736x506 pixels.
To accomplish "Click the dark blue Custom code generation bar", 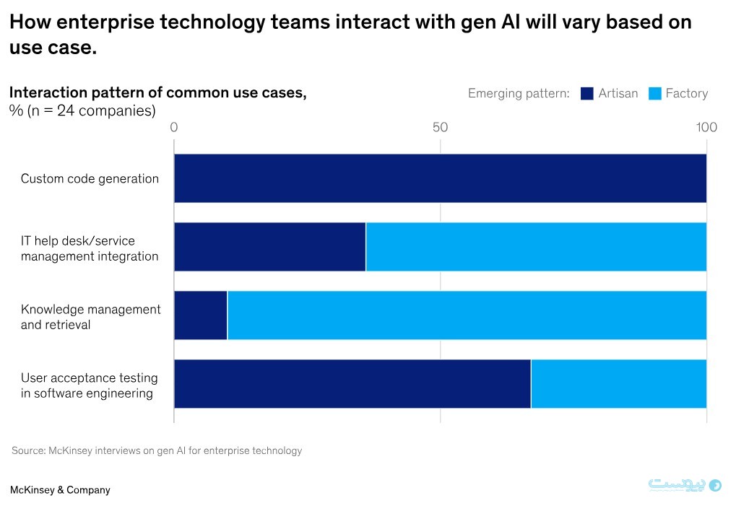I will [x=440, y=178].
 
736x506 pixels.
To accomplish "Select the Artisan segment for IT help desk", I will [x=270, y=247].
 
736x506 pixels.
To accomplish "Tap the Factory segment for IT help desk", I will [x=536, y=247].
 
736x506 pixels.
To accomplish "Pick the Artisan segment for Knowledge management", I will [x=201, y=315].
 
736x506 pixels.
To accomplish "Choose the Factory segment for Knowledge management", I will [x=467, y=315].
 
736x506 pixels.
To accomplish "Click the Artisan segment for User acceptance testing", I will [x=352, y=384].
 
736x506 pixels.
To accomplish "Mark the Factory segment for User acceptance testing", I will [x=618, y=384].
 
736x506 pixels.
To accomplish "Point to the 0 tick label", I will [x=174, y=128].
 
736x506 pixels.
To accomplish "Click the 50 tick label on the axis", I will [x=441, y=128].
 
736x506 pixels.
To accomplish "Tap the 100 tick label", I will [x=706, y=128].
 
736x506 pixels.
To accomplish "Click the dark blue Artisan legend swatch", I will [x=587, y=94].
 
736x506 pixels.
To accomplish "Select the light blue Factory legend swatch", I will [x=655, y=94].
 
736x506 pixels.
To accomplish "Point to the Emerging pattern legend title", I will [x=519, y=94].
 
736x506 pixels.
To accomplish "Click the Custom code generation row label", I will [x=90, y=179].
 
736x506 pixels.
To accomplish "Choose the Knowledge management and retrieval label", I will [x=90, y=317].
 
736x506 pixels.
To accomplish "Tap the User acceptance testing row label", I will [x=89, y=385].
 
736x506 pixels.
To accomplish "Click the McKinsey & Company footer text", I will [x=60, y=490].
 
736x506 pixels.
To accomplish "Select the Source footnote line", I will [x=157, y=451].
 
